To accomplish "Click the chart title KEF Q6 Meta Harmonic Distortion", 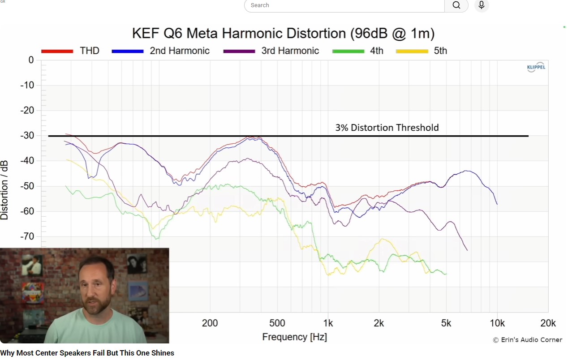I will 283,34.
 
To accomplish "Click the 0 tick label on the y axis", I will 31,60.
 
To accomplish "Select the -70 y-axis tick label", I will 28,236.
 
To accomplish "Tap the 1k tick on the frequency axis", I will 328,323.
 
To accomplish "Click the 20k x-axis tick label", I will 548,323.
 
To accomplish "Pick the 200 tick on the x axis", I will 210,323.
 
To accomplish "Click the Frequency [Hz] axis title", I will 294,337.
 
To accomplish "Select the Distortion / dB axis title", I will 5,191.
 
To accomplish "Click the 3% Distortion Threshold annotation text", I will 387,128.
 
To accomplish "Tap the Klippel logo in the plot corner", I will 536,67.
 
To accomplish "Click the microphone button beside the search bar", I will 482,5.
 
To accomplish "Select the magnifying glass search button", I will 456,5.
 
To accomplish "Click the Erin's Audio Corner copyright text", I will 527,340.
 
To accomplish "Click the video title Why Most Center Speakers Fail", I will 87,353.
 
